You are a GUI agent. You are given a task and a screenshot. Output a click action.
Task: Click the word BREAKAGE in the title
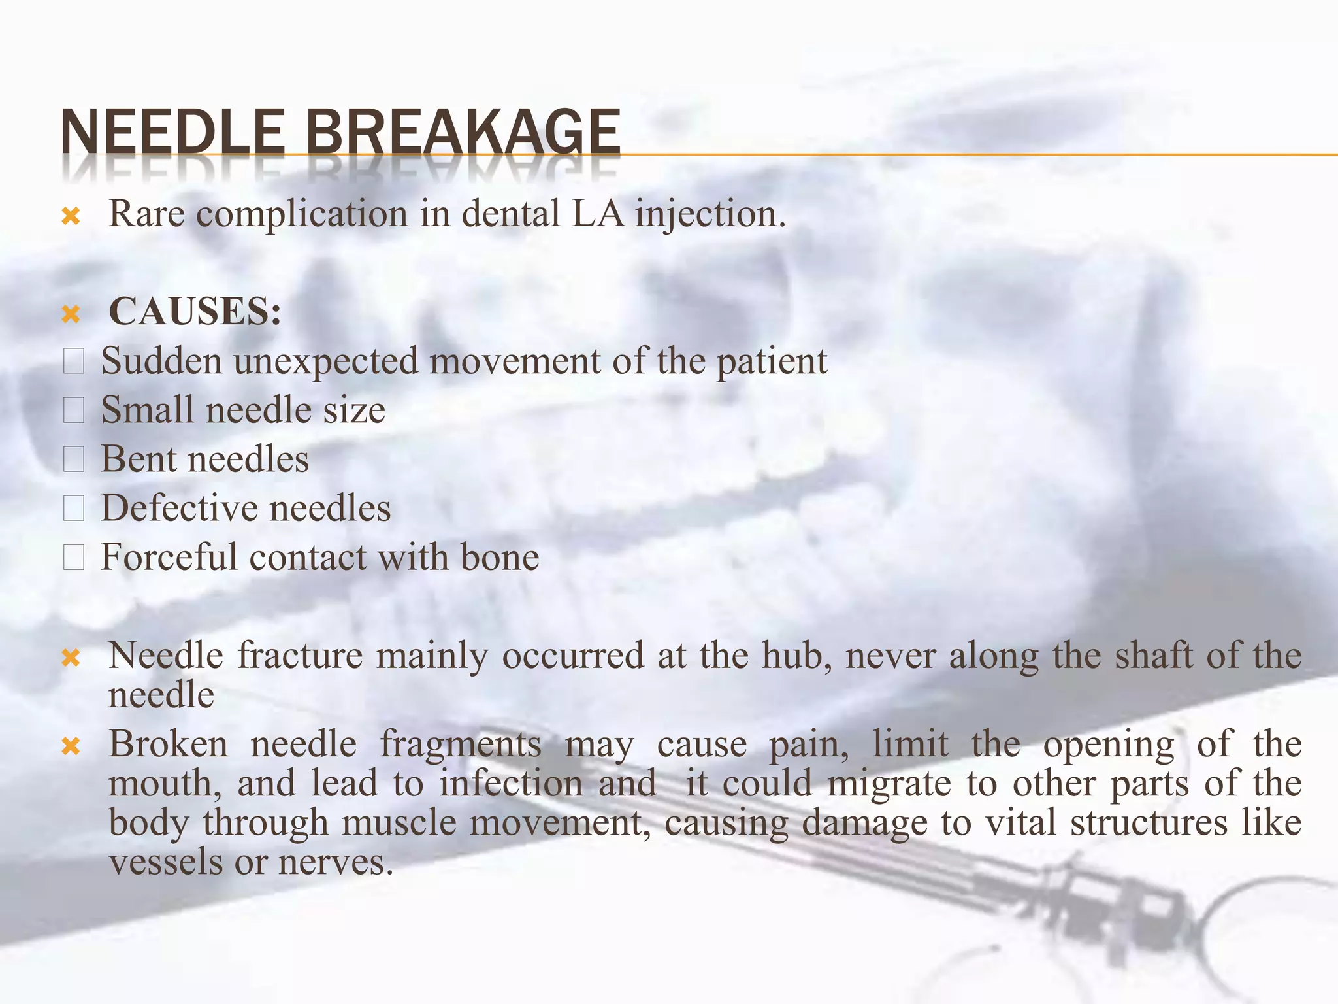click(463, 132)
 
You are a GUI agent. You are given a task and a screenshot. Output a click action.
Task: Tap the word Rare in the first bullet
click(146, 214)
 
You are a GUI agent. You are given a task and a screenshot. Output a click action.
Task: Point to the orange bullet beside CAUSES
click(71, 314)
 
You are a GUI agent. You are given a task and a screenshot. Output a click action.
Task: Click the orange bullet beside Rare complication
click(71, 216)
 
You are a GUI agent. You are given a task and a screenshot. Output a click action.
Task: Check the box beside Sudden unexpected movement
click(74, 361)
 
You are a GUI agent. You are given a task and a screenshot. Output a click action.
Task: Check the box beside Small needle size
click(74, 410)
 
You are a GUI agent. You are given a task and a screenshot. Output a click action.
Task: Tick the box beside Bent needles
click(74, 460)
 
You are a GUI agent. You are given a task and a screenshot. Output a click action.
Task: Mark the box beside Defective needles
click(74, 509)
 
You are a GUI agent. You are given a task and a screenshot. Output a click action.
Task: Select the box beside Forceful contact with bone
click(74, 558)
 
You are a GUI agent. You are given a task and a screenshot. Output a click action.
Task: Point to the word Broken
click(168, 744)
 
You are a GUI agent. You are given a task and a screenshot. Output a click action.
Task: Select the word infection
click(511, 783)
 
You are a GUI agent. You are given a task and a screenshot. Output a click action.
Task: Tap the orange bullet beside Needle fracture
click(71, 658)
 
